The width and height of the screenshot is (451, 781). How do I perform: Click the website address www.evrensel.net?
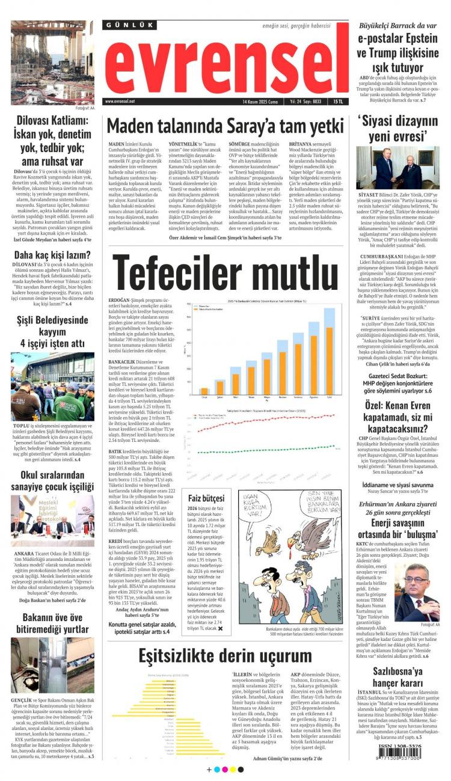(x=120, y=102)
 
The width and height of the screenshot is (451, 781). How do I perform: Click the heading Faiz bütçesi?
(x=206, y=498)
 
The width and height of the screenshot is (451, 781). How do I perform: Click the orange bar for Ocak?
(x=204, y=391)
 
